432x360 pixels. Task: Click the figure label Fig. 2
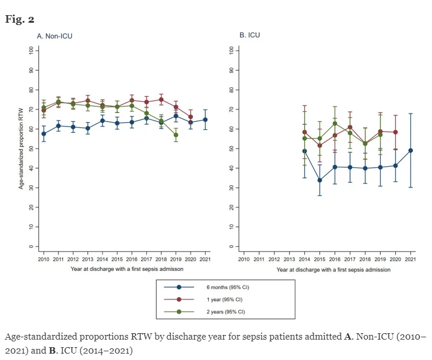click(20, 19)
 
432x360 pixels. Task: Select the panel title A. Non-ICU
click(55, 36)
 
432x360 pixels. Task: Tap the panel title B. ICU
click(250, 36)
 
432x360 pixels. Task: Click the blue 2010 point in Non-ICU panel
click(44, 133)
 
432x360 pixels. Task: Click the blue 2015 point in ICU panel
click(320, 180)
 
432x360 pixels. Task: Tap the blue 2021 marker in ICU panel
click(411, 150)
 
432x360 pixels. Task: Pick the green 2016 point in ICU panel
click(335, 123)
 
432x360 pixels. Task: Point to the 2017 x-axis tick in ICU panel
click(350, 258)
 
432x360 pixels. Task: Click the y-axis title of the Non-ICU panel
click(22, 149)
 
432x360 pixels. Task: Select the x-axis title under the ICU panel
click(333, 270)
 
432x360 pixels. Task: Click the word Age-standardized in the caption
click(34, 337)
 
